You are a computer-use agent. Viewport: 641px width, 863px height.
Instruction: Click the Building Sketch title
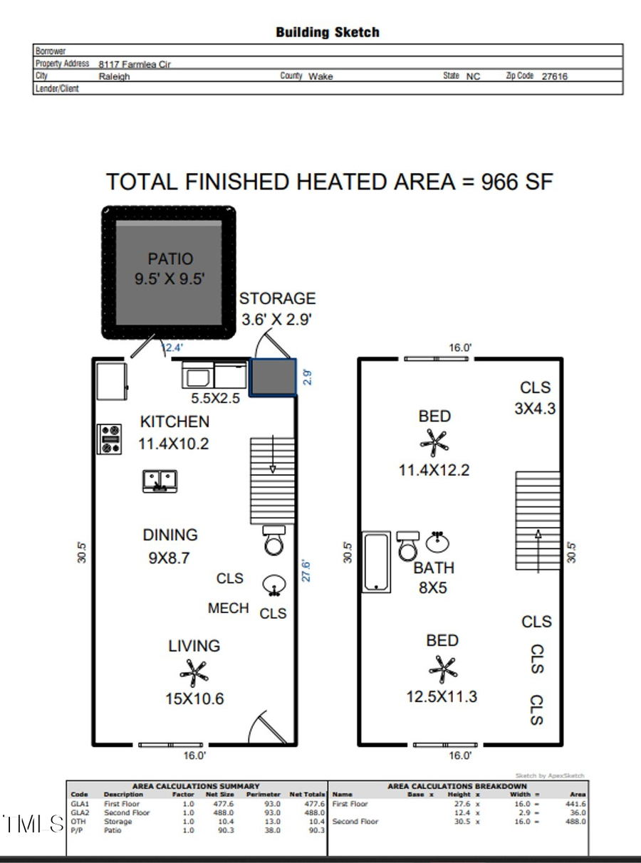click(x=328, y=32)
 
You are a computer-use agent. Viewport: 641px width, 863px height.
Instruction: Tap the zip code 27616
click(x=555, y=76)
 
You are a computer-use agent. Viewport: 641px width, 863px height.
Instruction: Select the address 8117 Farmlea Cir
click(x=135, y=64)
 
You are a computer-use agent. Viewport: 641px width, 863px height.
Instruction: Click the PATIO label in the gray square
click(x=170, y=259)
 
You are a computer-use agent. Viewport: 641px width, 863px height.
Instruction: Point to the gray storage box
click(x=273, y=377)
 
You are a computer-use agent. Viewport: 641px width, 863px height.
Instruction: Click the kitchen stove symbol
click(x=110, y=439)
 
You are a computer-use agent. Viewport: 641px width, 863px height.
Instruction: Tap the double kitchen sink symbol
click(x=160, y=481)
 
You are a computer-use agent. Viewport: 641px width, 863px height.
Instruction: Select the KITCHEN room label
click(x=174, y=422)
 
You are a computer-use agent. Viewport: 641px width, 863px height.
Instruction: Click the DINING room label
click(x=170, y=535)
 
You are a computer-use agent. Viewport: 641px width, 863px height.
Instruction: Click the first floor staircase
click(x=272, y=481)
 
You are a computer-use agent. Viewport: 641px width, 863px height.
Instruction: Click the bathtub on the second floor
click(x=377, y=562)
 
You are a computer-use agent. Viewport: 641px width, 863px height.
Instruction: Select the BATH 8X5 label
click(x=434, y=577)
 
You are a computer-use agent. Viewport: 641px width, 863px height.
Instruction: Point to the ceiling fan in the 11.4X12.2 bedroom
click(x=434, y=442)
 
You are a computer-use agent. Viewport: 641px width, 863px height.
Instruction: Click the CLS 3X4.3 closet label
click(x=535, y=397)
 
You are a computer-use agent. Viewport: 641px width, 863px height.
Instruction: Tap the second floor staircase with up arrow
click(x=538, y=521)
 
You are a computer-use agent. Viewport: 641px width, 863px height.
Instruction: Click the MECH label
click(x=229, y=608)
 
